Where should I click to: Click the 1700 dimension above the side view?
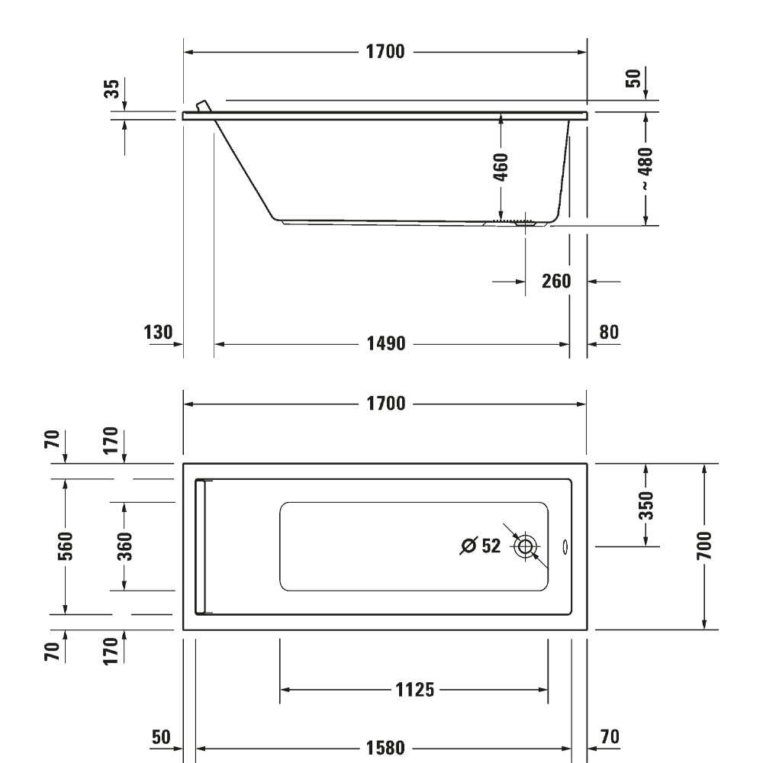click(385, 52)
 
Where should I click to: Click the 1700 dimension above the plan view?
click(385, 404)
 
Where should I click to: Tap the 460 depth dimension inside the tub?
click(501, 167)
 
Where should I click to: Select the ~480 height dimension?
click(645, 169)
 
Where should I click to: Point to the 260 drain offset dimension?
click(556, 282)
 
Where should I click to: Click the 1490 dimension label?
click(386, 343)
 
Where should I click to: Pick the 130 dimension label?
click(158, 333)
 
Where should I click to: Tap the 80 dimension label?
click(609, 332)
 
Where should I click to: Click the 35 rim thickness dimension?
click(111, 89)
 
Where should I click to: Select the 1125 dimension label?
click(414, 690)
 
